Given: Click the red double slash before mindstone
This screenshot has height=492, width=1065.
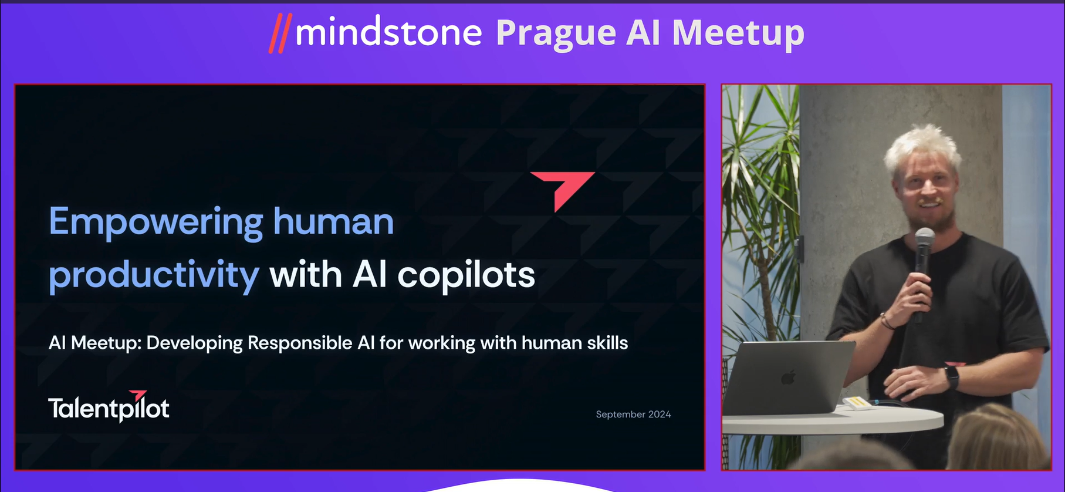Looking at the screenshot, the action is pyautogui.click(x=280, y=33).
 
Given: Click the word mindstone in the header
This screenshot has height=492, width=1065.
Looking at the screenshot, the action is pyautogui.click(x=388, y=32).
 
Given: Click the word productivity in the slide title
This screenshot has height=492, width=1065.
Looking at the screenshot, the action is pyautogui.click(x=154, y=275).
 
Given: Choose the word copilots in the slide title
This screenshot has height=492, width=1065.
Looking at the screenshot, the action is pyautogui.click(x=466, y=275).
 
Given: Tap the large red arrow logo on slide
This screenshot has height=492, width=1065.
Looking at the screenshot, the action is pyautogui.click(x=563, y=189).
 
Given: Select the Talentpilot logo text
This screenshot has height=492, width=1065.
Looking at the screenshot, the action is pyautogui.click(x=109, y=408).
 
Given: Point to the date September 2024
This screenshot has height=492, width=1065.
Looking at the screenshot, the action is pyautogui.click(x=633, y=415).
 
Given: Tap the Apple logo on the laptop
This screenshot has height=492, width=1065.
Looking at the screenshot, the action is pyautogui.click(x=789, y=377).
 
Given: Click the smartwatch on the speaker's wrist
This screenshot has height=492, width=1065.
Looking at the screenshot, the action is pyautogui.click(x=951, y=377).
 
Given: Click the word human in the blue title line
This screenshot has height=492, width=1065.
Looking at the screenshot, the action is pyautogui.click(x=333, y=222).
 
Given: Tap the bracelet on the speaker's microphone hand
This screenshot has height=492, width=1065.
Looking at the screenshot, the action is pyautogui.click(x=886, y=321).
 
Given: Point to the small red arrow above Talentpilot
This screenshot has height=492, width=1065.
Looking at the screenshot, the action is pyautogui.click(x=138, y=395).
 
